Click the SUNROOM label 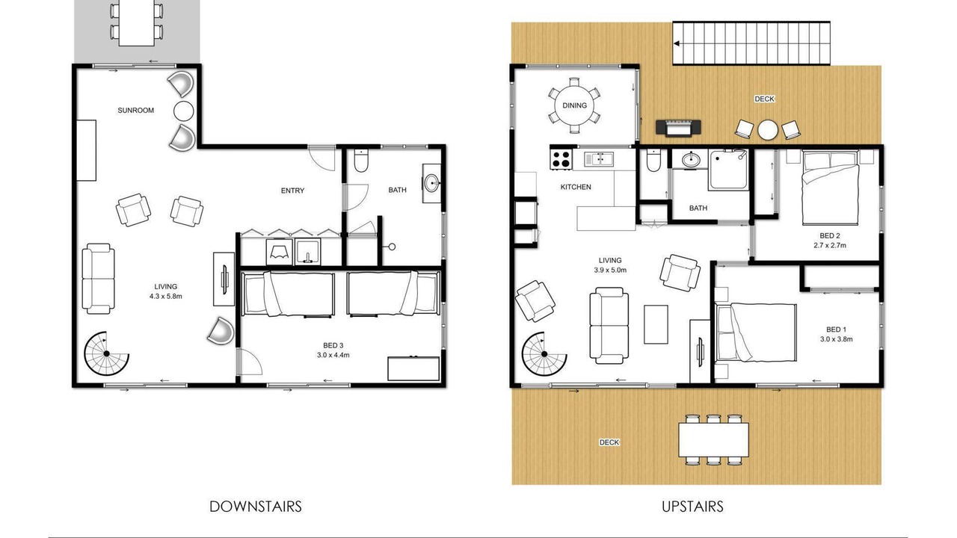[x=135, y=110]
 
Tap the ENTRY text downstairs [x=292, y=191]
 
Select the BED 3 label [x=333, y=345]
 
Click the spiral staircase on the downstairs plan [x=107, y=353]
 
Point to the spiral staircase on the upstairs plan [x=544, y=354]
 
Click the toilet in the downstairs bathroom [x=361, y=160]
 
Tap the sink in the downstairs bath [x=432, y=184]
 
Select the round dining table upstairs [x=575, y=105]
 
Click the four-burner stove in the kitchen [x=561, y=159]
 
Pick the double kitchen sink [x=599, y=159]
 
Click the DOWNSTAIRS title [x=256, y=507]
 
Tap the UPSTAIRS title [x=692, y=507]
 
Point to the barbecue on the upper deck [x=678, y=128]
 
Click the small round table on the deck [x=768, y=130]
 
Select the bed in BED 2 [x=830, y=188]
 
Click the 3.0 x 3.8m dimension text [x=836, y=339]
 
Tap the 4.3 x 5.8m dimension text [x=166, y=297]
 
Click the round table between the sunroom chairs [x=184, y=111]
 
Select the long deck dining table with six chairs [x=713, y=439]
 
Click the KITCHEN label [x=576, y=187]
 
